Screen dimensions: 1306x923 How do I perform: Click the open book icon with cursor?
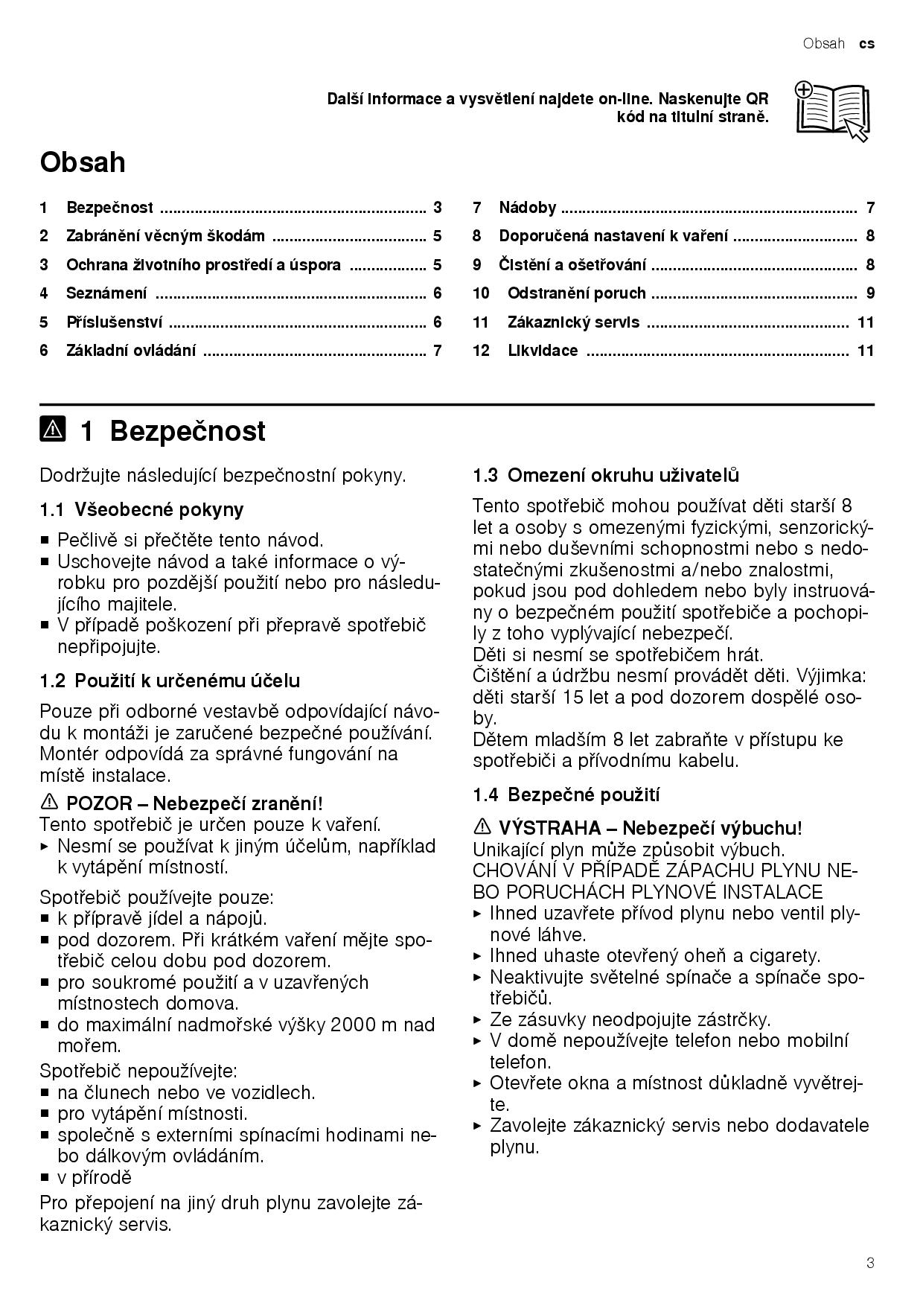[x=831, y=110]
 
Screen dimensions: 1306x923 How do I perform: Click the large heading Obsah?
[x=83, y=162]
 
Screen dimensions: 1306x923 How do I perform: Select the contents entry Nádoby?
[x=528, y=208]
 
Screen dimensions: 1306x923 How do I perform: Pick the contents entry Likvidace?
[x=543, y=351]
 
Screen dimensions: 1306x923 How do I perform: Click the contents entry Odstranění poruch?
[x=576, y=293]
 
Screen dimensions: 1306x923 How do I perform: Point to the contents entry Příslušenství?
[x=114, y=322]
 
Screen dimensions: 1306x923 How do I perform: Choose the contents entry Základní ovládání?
[x=131, y=351]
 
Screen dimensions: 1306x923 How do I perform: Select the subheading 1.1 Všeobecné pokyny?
[x=141, y=510]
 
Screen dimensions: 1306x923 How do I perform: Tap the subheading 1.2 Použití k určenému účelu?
[x=170, y=681]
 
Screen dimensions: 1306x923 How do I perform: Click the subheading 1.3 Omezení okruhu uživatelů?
[x=606, y=475]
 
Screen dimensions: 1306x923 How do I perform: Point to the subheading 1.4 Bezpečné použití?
[x=566, y=794]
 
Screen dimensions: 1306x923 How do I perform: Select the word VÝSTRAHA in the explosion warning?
[x=549, y=828]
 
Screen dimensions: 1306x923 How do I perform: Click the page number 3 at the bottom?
[x=870, y=1263]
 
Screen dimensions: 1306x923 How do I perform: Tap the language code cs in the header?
[x=866, y=44]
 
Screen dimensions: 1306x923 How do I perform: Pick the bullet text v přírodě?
[x=95, y=1177]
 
